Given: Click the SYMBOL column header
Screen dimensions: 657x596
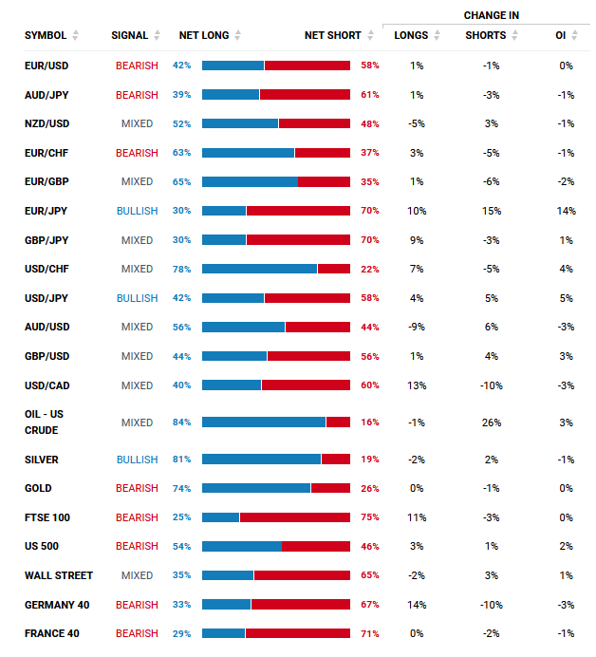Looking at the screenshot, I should tap(45, 35).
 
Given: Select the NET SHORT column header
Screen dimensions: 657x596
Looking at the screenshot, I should tap(332, 35).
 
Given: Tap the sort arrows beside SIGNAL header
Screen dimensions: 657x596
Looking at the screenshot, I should tap(157, 35).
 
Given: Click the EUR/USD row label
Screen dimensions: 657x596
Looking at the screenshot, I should tap(47, 66).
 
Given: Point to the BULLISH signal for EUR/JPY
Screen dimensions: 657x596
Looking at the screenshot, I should tap(137, 211).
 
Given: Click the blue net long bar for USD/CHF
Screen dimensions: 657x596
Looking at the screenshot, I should tap(259, 269).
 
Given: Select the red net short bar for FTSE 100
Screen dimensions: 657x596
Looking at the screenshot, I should tap(294, 517).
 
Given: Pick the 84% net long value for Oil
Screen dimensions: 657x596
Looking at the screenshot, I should tap(182, 422).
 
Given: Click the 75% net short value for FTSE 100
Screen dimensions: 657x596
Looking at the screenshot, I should tap(370, 517).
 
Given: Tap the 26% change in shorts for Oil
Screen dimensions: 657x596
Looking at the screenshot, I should tap(491, 422).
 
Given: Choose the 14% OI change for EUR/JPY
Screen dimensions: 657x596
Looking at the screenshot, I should tap(567, 211).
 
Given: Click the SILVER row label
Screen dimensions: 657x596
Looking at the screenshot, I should tap(41, 460).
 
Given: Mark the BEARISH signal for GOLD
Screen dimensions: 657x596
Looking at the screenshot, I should tap(137, 488).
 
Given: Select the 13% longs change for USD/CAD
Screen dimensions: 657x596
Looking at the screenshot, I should tap(417, 385).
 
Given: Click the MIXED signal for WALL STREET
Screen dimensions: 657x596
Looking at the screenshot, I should tap(137, 575).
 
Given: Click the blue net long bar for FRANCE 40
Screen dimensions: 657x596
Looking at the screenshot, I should tap(223, 633).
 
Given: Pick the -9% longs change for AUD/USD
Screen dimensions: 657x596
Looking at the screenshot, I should tap(417, 327).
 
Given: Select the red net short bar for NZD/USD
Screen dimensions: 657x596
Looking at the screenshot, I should tap(314, 123).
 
